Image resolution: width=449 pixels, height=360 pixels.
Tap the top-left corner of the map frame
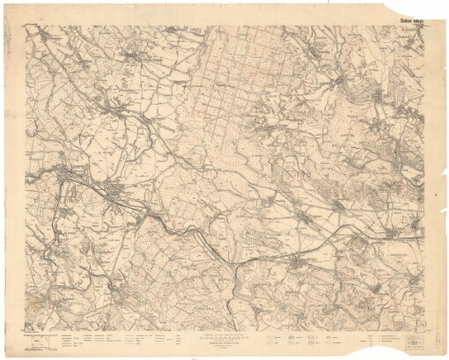click(x=26, y=25)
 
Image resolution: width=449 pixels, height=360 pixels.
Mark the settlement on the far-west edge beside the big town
click(x=42, y=176)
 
